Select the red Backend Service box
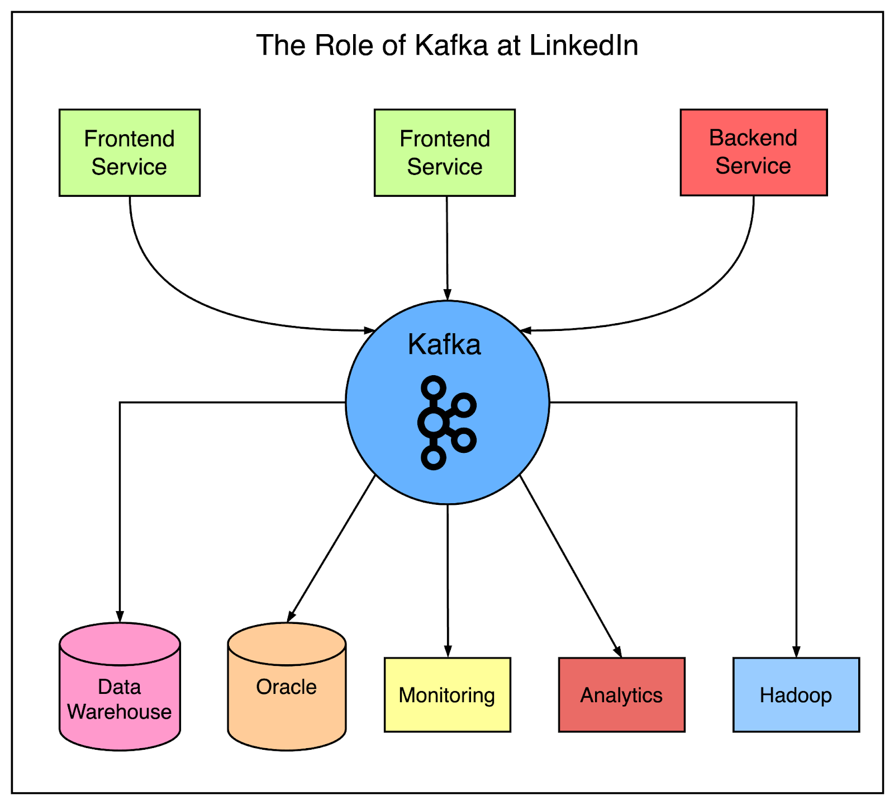point(753,152)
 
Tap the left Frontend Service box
point(129,153)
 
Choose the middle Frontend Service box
point(444,153)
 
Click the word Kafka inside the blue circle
point(444,344)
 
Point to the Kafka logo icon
point(445,423)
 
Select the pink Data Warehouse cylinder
point(120,693)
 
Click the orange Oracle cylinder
point(287,693)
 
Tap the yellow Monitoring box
point(447,695)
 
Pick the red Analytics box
point(621,695)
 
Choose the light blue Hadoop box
point(796,695)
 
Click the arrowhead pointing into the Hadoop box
point(796,652)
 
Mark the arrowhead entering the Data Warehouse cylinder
point(120,616)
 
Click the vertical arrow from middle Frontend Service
point(447,246)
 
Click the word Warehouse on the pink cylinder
point(120,712)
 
